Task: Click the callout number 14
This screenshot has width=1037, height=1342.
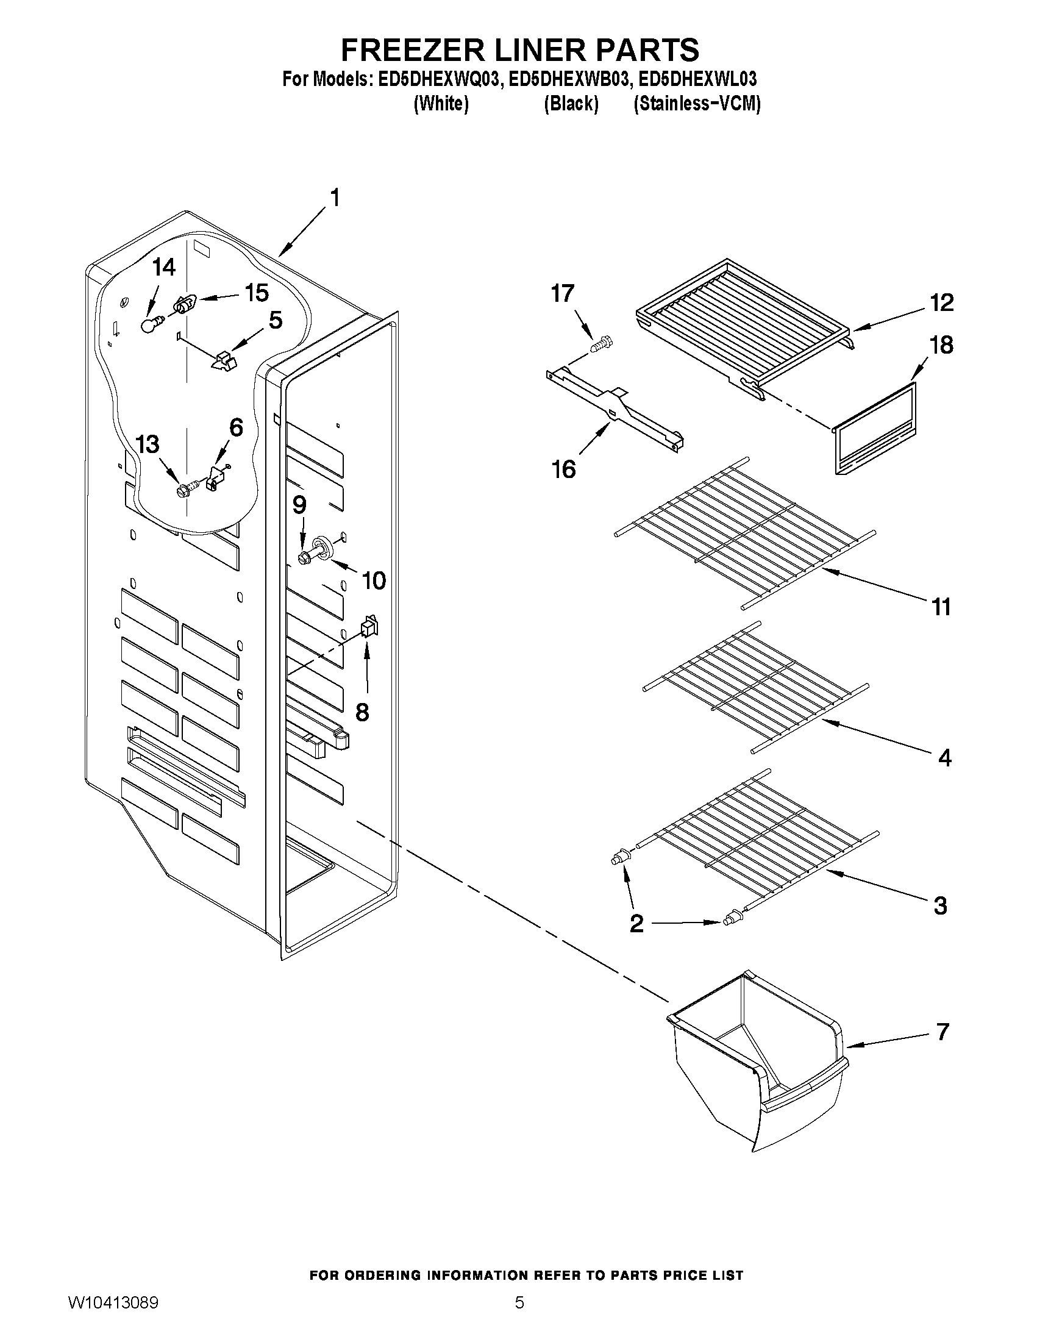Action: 164,267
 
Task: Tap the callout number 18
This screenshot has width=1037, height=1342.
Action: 941,345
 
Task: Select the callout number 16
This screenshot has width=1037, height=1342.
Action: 563,469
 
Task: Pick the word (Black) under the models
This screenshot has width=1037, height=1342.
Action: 571,104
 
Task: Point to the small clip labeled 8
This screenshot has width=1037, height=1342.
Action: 369,626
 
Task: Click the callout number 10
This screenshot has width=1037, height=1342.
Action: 374,580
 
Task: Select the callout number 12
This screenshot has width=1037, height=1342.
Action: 942,303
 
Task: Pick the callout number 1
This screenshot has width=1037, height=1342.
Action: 335,198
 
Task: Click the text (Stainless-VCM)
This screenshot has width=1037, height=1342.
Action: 697,104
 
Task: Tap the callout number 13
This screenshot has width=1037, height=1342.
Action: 148,444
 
